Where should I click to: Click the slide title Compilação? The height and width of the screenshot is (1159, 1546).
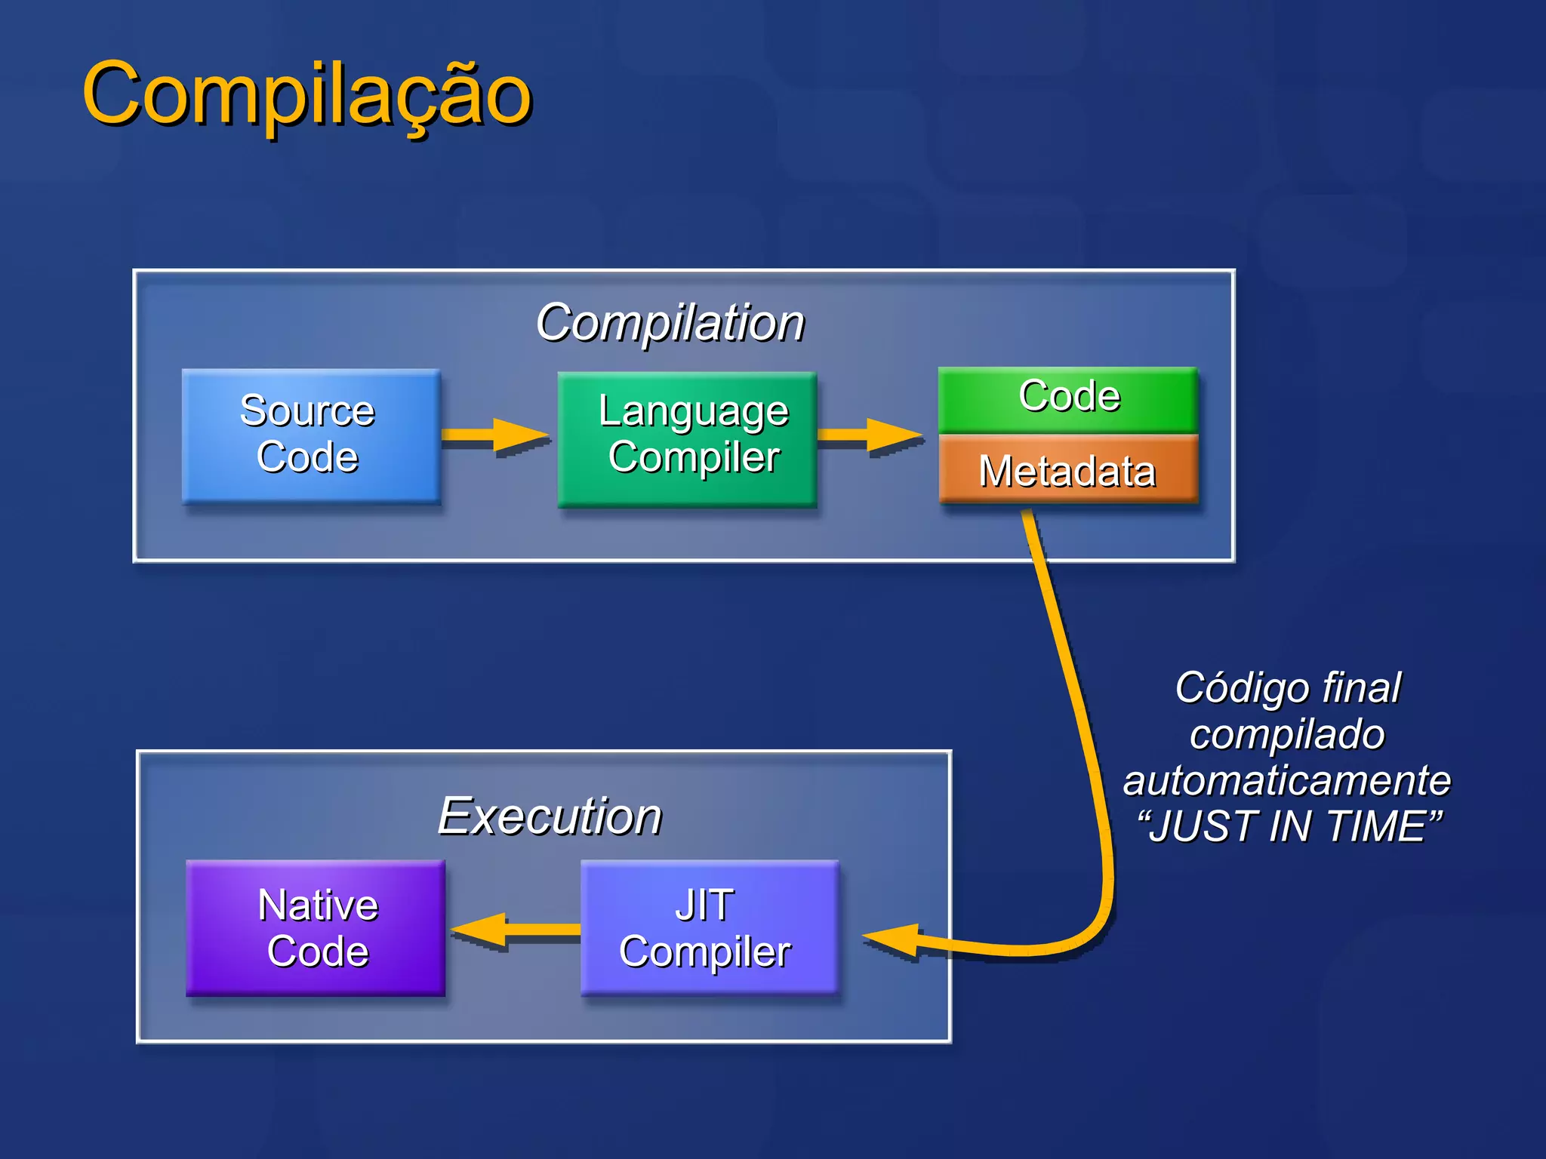(x=306, y=94)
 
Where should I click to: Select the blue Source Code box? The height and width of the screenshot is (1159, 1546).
(x=310, y=435)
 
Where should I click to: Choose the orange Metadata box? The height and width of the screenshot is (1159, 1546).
(x=1067, y=469)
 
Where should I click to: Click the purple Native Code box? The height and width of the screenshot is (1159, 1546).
(x=315, y=927)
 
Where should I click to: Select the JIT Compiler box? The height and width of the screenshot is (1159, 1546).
(x=709, y=927)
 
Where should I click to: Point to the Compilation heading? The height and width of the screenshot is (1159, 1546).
(x=670, y=323)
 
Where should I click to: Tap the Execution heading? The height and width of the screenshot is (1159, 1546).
(x=550, y=816)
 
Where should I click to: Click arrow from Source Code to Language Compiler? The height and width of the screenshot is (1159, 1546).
(x=494, y=435)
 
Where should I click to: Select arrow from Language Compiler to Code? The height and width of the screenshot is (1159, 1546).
(x=869, y=435)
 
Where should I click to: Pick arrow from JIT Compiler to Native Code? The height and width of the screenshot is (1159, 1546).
(x=515, y=930)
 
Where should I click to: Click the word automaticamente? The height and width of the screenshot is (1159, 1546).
(x=1286, y=779)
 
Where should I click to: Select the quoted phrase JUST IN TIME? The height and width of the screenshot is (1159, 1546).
(x=1289, y=826)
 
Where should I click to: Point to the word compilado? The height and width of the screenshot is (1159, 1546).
(x=1286, y=734)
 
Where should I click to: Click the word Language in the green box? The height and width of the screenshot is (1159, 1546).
(x=693, y=412)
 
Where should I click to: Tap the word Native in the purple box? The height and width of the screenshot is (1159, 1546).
(x=318, y=905)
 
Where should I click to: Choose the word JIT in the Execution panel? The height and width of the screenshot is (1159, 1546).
(x=704, y=905)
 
